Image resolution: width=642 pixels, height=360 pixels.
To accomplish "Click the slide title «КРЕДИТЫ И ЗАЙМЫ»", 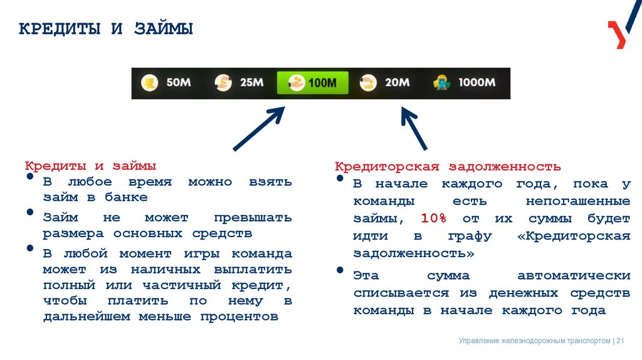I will (x=106, y=29).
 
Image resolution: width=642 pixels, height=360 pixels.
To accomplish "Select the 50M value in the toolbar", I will (x=179, y=83).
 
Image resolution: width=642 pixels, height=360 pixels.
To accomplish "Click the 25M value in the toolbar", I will (x=251, y=83).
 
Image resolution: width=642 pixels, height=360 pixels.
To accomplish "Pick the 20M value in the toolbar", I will (x=397, y=83).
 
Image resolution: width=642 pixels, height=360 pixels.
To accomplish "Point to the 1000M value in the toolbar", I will (x=476, y=83).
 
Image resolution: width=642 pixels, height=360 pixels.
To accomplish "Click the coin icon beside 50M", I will (x=149, y=83).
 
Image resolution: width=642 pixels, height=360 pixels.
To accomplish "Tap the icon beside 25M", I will (x=223, y=83).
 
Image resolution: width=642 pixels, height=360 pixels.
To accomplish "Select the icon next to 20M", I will (x=368, y=83).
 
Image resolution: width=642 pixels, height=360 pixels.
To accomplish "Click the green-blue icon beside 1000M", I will (x=442, y=83).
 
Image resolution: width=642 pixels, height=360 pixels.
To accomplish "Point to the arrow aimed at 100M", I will (x=259, y=129).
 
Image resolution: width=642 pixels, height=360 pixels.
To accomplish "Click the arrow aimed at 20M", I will (x=414, y=127).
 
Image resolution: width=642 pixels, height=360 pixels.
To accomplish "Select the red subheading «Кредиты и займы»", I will (x=90, y=166).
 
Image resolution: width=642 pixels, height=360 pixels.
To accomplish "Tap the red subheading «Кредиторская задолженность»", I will (x=448, y=167).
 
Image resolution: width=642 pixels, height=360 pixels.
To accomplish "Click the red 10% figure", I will (x=433, y=219).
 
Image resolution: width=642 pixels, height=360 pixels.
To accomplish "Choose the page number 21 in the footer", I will (x=621, y=341).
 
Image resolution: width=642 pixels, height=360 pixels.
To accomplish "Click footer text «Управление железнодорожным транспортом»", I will (x=534, y=341).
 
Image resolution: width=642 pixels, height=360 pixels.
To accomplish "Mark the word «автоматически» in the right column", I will (x=574, y=276).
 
